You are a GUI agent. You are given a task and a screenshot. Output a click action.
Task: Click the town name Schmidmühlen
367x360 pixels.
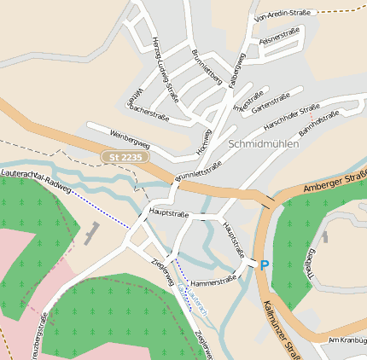(264, 143)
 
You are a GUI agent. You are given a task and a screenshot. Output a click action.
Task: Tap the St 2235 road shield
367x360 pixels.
(125, 157)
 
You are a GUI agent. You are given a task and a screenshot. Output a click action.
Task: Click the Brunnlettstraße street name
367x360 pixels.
(198, 166)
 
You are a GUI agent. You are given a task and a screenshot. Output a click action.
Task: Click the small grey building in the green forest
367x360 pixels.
(91, 232)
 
